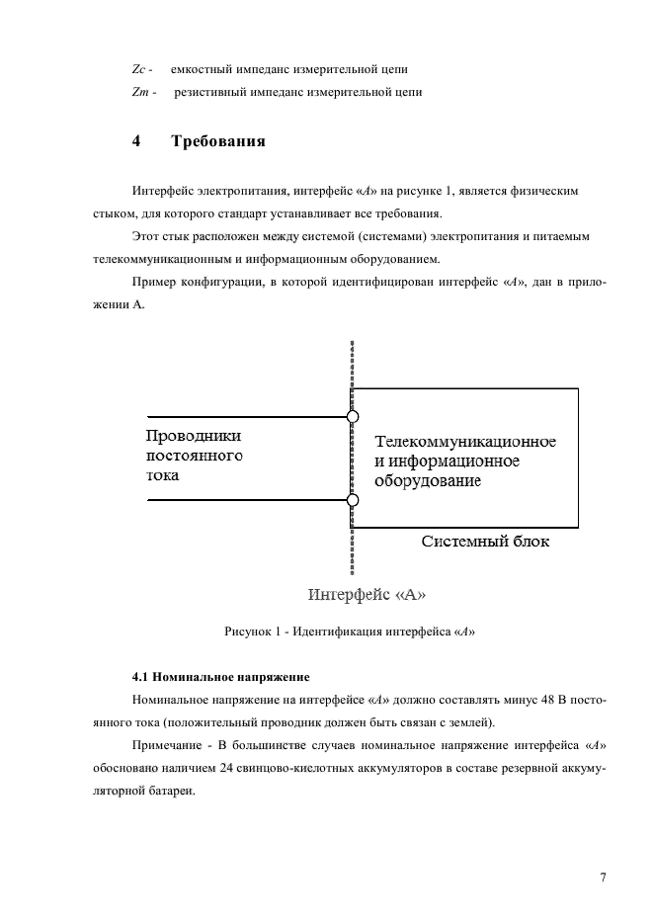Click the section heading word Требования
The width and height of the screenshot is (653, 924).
[218, 141]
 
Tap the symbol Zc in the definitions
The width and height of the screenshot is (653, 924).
[138, 70]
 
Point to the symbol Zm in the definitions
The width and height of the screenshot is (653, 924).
[139, 93]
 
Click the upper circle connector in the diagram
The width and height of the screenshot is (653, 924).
[353, 416]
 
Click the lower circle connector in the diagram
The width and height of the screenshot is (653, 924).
[353, 500]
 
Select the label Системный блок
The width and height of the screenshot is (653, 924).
[485, 542]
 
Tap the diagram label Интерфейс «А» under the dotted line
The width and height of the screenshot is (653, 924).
[367, 595]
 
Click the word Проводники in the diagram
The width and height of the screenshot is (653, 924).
[194, 436]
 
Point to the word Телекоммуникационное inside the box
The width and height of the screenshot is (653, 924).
[464, 441]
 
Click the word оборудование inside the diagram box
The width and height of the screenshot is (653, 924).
[426, 481]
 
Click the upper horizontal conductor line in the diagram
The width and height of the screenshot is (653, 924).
[247, 416]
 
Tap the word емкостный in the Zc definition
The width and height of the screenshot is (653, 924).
[199, 70]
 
